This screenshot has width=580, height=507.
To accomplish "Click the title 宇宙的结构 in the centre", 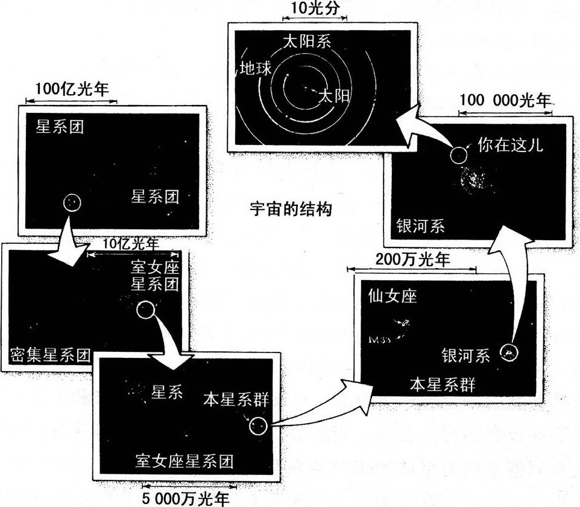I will (x=291, y=209).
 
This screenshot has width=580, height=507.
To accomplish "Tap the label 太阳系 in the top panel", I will (x=307, y=42).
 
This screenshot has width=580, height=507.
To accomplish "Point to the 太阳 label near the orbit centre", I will (x=333, y=95).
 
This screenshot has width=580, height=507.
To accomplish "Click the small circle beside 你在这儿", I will (x=458, y=156).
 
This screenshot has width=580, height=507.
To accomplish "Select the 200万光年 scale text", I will (x=412, y=260).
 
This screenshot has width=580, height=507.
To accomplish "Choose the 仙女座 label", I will (x=392, y=296).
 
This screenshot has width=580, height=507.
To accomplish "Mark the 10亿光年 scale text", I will (x=131, y=244).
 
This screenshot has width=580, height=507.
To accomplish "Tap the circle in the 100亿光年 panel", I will (x=72, y=202).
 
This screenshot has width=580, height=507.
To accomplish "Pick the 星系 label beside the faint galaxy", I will (x=166, y=392).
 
